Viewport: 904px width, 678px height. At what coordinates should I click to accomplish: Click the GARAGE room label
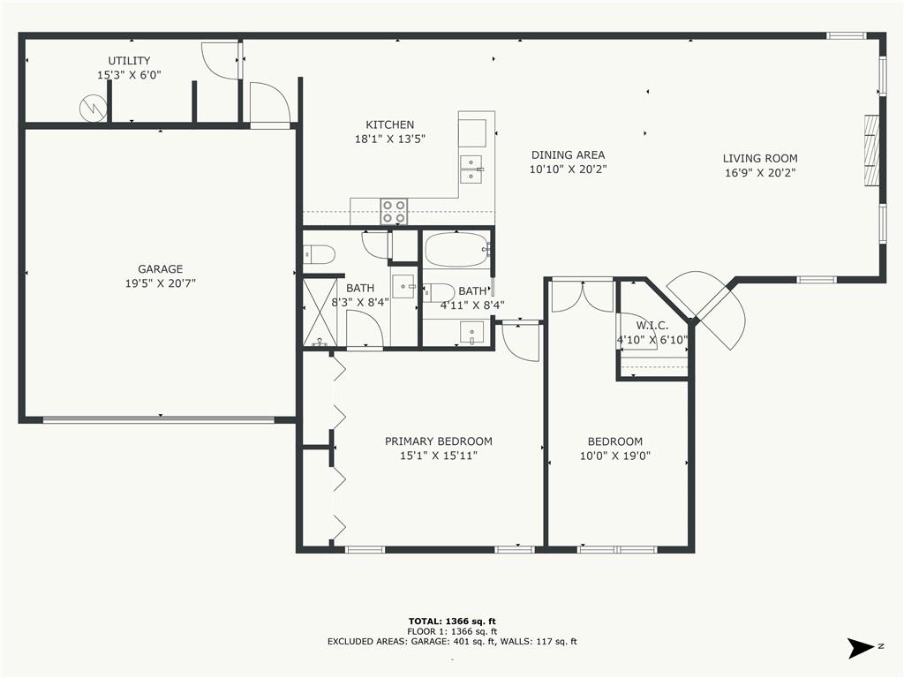[x=161, y=269]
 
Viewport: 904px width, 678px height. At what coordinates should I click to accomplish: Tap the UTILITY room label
[x=129, y=61]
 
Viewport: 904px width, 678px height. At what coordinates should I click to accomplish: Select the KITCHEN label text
[x=389, y=124]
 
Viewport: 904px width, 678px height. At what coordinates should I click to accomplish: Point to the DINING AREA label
[x=568, y=155]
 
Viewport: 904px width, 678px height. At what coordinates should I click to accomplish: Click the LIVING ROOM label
[x=760, y=158]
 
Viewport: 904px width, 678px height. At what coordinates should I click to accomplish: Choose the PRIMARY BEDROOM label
[x=439, y=441]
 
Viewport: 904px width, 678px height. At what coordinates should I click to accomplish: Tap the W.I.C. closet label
[x=652, y=326]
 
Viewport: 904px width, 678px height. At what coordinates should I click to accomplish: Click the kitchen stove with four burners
[x=394, y=212]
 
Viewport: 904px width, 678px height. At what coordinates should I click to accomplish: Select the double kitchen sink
[x=471, y=169]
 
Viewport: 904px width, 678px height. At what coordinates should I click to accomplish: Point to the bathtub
[x=456, y=249]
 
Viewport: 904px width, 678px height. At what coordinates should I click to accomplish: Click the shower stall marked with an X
[x=320, y=312]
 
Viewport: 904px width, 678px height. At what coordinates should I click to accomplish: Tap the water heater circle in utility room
[x=93, y=107]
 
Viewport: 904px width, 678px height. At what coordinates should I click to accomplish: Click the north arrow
[x=860, y=647]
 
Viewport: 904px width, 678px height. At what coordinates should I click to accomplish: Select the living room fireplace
[x=871, y=150]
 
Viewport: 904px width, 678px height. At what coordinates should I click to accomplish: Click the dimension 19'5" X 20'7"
[x=161, y=283]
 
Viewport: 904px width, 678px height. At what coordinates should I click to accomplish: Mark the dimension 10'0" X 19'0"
[x=615, y=456]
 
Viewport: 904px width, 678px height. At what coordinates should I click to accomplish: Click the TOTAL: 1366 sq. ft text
[x=452, y=621]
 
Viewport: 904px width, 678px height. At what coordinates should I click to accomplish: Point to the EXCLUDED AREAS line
[x=452, y=641]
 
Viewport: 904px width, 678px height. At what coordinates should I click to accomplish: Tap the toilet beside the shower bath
[x=319, y=253]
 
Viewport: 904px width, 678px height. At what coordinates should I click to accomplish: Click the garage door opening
[x=159, y=419]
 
